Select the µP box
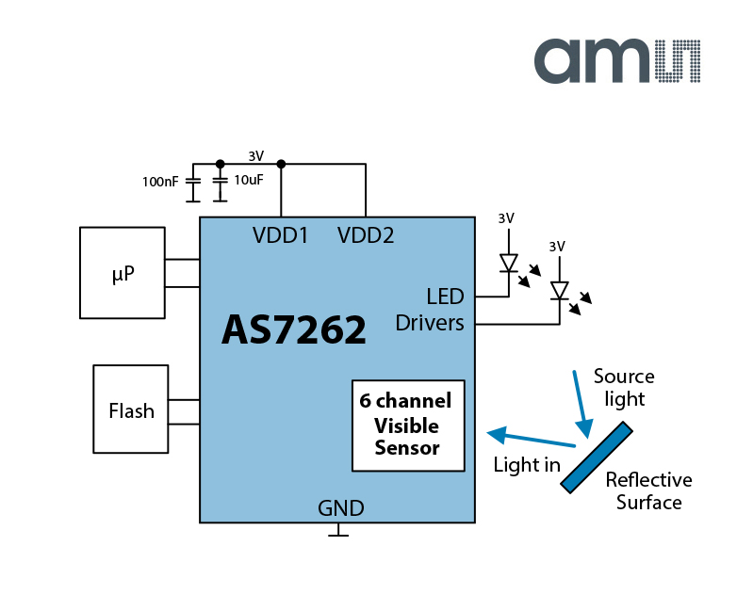coord(123,273)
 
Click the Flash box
coord(131,410)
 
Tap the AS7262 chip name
coord(294,329)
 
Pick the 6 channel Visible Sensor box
coord(408,425)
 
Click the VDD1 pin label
coord(280,235)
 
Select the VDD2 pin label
coord(366,235)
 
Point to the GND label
coord(340,509)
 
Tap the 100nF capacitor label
coord(160,181)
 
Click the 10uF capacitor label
coord(249,180)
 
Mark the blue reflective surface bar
coord(596,457)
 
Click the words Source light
coord(623,387)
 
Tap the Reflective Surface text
coord(648,490)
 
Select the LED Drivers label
coord(430,310)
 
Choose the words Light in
coord(527,464)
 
